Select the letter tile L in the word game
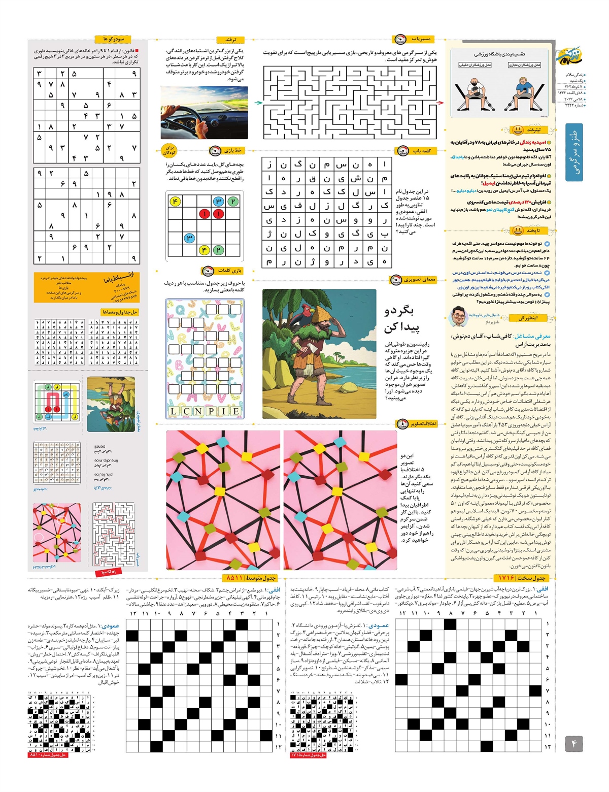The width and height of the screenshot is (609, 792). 174,411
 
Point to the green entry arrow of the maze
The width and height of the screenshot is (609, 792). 258,103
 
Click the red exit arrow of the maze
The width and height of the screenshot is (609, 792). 440,103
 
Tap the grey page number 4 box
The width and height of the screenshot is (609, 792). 574,744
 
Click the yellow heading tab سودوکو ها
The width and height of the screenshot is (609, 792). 113,39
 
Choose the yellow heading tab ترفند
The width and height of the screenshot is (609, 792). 231,40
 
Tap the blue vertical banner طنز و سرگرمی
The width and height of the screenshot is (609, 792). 574,152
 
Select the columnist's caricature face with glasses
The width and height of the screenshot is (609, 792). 459,317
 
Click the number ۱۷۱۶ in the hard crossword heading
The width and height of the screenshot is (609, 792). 507,578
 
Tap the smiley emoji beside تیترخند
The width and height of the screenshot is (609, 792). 517,130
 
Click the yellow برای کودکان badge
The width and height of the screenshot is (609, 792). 169,150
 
